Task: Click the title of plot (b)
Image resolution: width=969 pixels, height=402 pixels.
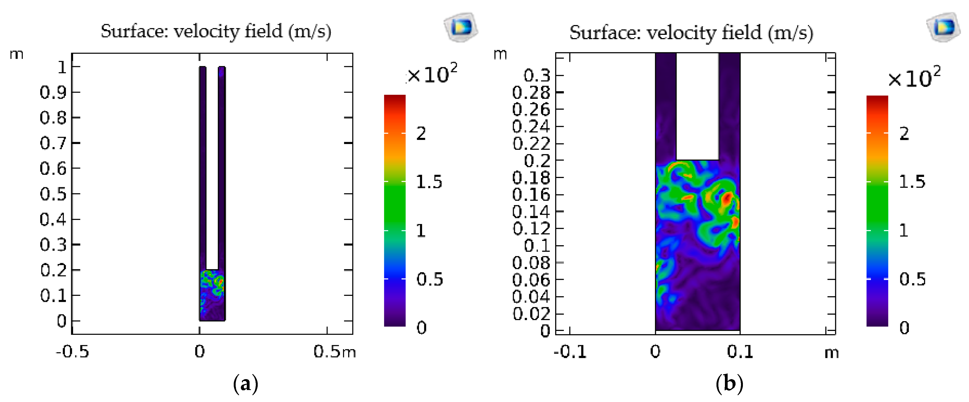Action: (691, 33)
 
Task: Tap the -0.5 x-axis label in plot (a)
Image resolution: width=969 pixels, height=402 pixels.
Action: (72, 352)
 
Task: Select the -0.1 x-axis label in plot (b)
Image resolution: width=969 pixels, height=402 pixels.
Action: (570, 352)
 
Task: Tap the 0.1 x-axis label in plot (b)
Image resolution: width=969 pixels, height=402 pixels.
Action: (740, 352)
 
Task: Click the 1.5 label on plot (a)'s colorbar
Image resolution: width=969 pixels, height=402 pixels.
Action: (429, 182)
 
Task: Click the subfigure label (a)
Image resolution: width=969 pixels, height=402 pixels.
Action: (246, 383)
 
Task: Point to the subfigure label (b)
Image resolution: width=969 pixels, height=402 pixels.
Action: (729, 383)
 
